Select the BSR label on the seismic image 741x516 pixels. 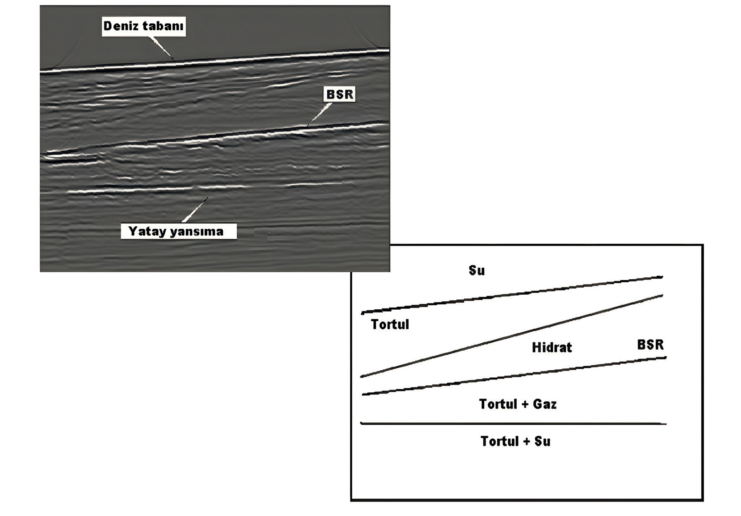tap(340, 95)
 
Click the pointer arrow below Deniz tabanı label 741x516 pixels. tap(162, 48)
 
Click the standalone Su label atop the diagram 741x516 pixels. tap(476, 271)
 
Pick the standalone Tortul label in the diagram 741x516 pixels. tap(390, 324)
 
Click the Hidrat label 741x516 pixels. tap(552, 347)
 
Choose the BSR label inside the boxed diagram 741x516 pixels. tap(650, 345)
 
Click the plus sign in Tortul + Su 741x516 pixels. tap(526, 441)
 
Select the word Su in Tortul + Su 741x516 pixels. tap(542, 441)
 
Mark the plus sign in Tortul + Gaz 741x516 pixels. tap(525, 404)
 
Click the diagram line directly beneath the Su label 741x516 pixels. tap(512, 294)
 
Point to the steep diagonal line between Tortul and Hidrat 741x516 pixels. tap(511, 336)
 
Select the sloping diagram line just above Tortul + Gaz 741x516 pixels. tap(514, 376)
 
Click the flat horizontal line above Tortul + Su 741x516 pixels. tap(513, 423)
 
